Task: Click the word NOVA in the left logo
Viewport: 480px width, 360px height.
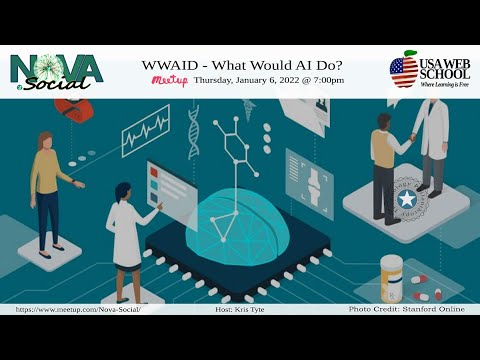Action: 56,68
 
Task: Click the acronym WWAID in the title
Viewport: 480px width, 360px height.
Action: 176,63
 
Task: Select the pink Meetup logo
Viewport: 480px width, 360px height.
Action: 168,80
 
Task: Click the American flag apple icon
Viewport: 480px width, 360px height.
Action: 404,70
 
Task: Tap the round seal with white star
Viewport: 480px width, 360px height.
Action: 407,198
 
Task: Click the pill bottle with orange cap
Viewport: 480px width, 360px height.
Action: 392,276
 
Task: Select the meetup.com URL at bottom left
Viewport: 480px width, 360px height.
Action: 78,310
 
